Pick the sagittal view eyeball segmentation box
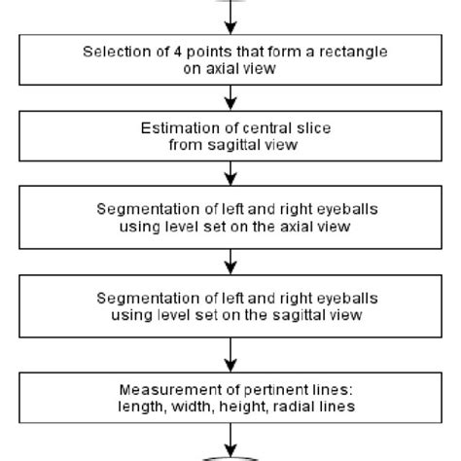click(230, 309)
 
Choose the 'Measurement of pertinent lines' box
click(230, 397)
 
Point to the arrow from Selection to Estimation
click(230, 97)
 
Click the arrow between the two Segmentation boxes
click(230, 264)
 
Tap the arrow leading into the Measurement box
click(230, 353)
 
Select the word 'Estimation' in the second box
click(175, 131)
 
